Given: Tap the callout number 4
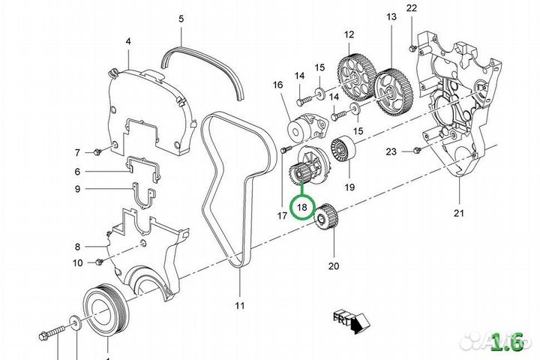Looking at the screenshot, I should click(128, 42).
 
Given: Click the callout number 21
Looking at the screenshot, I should click(459, 213).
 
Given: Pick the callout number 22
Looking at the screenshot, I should click(411, 8).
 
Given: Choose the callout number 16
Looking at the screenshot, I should click(278, 85).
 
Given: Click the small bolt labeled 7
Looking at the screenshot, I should click(98, 153).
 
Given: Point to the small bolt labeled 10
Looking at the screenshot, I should click(98, 262).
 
